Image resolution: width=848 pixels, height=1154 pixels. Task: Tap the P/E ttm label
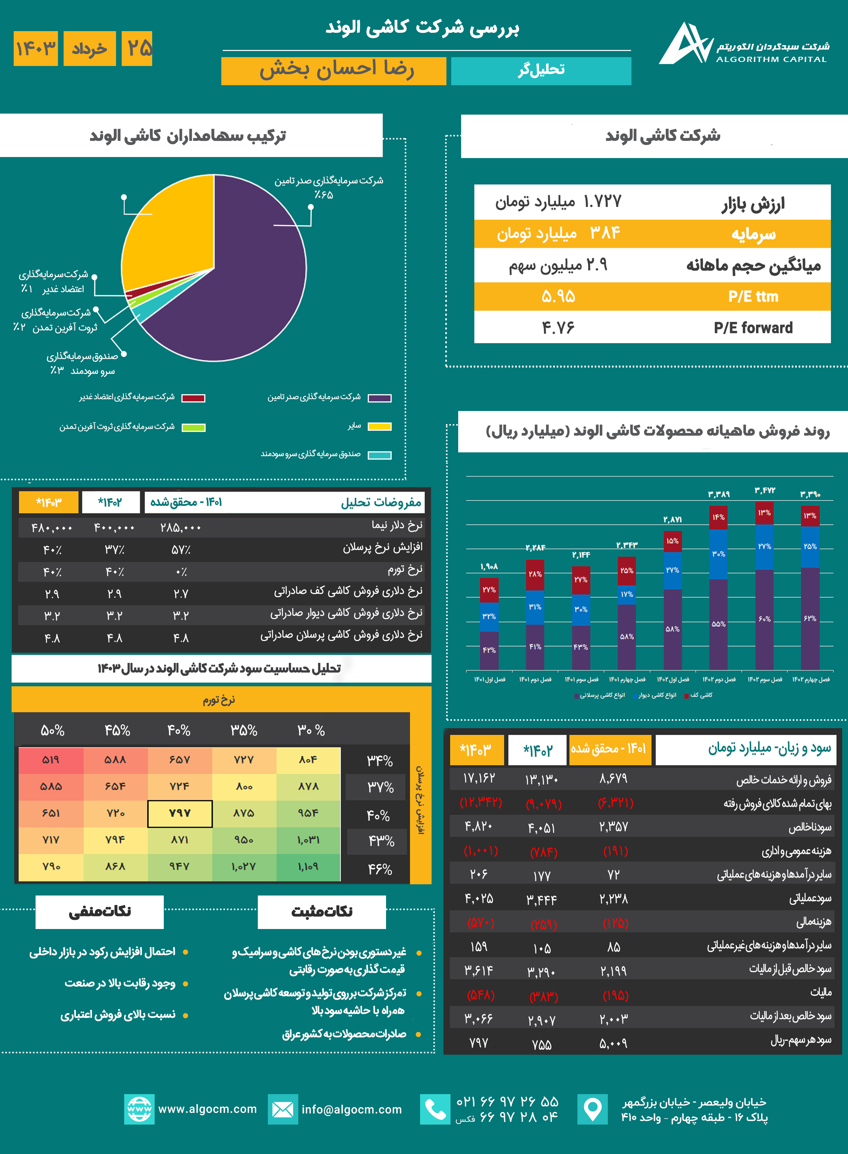[x=753, y=297]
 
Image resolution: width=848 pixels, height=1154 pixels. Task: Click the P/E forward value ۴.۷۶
[x=558, y=328]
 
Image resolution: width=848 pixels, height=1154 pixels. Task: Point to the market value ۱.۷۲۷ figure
[x=602, y=201]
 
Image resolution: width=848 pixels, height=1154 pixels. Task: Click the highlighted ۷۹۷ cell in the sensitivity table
[x=180, y=813]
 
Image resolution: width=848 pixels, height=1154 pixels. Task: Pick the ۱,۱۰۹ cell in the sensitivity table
[x=308, y=866]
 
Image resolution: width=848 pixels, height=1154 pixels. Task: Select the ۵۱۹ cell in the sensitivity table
[x=51, y=760]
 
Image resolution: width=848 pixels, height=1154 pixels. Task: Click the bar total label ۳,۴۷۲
[x=764, y=491]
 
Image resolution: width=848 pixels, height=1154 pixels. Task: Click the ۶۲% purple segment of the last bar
[x=810, y=619]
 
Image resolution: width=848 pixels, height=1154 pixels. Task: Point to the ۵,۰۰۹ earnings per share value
[x=613, y=1043]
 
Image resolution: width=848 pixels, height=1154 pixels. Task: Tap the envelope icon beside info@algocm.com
[x=282, y=1109]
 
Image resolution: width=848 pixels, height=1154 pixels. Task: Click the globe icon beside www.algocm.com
[x=139, y=1109]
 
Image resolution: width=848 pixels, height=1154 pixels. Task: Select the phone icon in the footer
[x=435, y=1109]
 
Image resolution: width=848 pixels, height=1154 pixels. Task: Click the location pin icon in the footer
[x=592, y=1109]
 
